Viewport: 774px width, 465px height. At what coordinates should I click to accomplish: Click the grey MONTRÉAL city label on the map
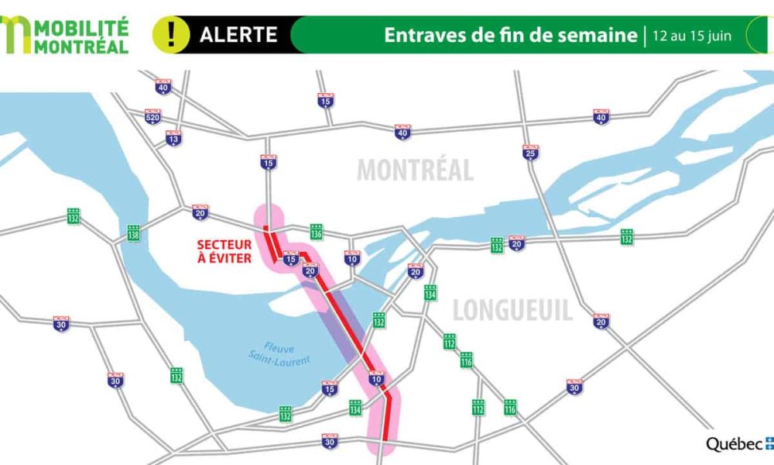415,170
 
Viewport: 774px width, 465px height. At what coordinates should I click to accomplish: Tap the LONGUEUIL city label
512,311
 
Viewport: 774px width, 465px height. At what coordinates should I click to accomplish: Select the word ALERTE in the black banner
238,34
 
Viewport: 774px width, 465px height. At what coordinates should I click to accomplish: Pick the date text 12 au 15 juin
692,36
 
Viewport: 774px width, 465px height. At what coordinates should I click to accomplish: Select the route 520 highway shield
153,116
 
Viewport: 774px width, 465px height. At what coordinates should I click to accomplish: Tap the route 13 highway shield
173,138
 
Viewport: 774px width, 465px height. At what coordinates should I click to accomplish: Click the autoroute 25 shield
530,152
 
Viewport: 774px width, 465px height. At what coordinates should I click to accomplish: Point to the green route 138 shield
134,232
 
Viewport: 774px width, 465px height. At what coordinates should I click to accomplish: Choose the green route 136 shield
316,231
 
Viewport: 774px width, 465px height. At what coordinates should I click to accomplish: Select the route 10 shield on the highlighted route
376,379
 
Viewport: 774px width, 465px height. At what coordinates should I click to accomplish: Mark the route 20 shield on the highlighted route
310,270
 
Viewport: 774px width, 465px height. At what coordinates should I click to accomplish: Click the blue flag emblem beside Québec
769,443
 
